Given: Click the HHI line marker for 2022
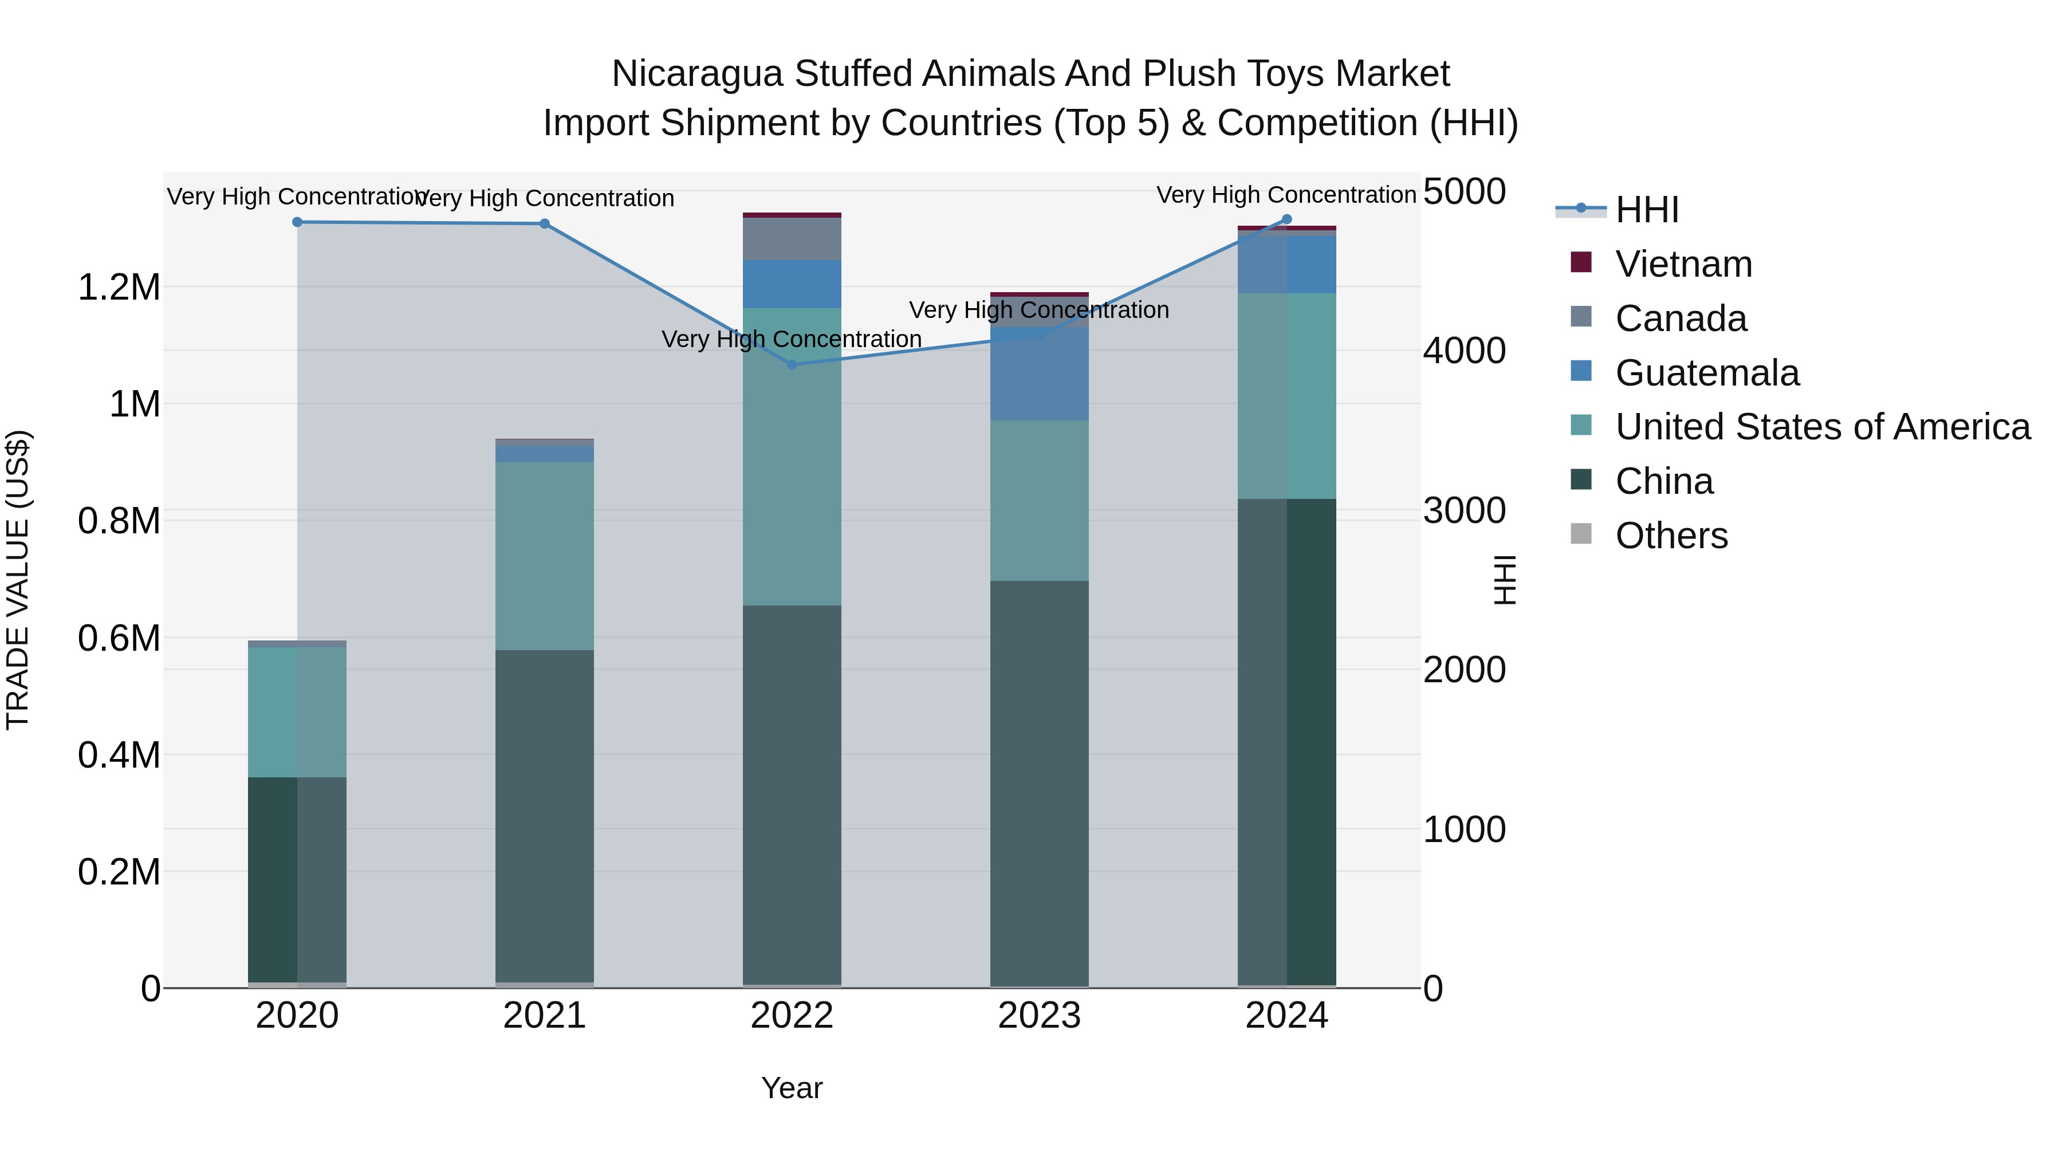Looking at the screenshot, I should (x=792, y=364).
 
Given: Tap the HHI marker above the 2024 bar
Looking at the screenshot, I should (x=1286, y=219).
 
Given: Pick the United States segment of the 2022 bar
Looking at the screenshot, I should (x=792, y=457).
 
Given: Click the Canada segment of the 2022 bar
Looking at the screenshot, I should (x=792, y=238).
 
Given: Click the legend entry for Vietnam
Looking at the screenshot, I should (x=1683, y=264).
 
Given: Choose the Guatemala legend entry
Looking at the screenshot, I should (x=1707, y=373).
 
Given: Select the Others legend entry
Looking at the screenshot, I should (x=1671, y=536).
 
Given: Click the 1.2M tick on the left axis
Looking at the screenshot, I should (x=119, y=286).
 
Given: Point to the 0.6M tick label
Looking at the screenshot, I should (x=119, y=638).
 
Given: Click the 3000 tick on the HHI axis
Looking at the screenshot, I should (x=1464, y=511).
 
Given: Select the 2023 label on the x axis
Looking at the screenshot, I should (x=1039, y=1016).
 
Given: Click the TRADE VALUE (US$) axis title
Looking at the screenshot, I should (x=18, y=580).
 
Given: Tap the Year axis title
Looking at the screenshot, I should (x=792, y=1088).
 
